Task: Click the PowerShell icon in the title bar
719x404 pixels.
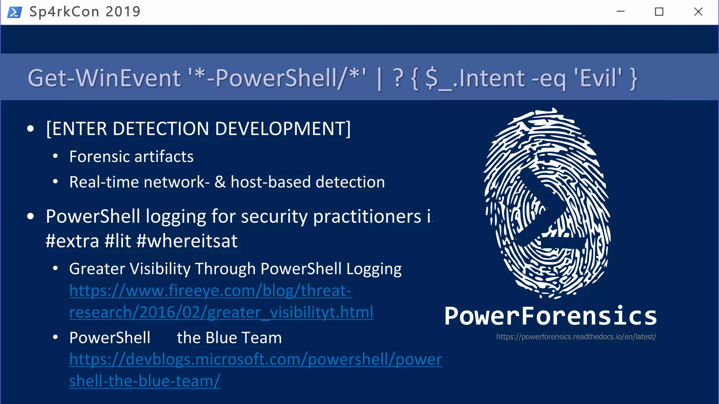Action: click(x=14, y=12)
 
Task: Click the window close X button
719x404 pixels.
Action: click(x=698, y=12)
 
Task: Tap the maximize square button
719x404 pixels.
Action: click(x=659, y=12)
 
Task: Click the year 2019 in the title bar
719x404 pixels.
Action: click(x=123, y=12)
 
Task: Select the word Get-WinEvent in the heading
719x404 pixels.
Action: click(x=104, y=78)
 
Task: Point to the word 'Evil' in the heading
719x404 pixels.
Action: click(x=598, y=78)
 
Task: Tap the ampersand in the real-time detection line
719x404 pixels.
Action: click(x=220, y=182)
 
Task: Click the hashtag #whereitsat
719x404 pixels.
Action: click(x=187, y=241)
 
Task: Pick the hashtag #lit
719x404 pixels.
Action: click(x=118, y=241)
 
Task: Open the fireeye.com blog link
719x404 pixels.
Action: click(x=211, y=291)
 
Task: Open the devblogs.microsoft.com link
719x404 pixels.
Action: click(x=255, y=359)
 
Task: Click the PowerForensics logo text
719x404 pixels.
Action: click(x=550, y=316)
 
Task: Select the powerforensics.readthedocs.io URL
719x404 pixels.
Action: click(x=576, y=337)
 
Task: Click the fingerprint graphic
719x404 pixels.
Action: click(x=547, y=203)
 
